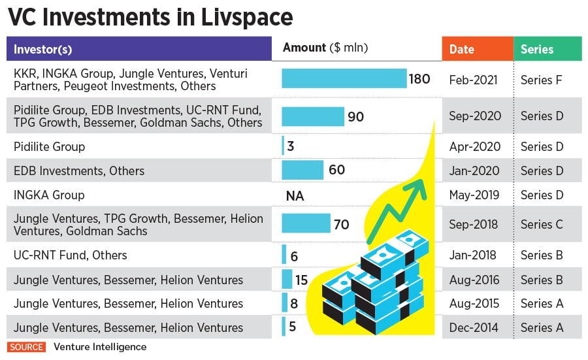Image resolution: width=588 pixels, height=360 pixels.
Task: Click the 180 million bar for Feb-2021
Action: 344,78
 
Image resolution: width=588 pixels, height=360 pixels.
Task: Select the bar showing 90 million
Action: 312,116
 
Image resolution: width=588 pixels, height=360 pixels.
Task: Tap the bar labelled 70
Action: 306,223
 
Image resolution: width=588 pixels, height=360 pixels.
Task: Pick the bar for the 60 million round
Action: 302,170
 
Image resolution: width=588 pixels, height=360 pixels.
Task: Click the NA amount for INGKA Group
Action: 295,195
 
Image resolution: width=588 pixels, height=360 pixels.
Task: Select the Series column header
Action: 537,49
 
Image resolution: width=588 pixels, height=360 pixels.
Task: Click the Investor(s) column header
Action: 43,49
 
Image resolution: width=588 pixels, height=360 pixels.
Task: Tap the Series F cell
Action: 542,80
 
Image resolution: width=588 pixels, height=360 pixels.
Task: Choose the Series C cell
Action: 542,224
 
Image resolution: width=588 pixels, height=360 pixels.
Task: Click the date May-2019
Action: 475,195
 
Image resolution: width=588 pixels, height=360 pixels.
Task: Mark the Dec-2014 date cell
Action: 475,327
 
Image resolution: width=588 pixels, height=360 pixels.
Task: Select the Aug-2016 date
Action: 475,280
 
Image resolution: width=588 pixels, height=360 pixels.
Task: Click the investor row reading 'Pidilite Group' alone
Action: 49,146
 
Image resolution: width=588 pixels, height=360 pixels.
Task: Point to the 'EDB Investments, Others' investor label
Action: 78,171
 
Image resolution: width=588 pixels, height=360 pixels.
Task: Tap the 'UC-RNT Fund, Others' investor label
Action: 70,255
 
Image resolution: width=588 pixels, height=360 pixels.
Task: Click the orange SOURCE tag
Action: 27,347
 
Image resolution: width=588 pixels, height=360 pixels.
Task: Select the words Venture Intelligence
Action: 100,347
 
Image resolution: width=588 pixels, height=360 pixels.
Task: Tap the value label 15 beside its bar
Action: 301,280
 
